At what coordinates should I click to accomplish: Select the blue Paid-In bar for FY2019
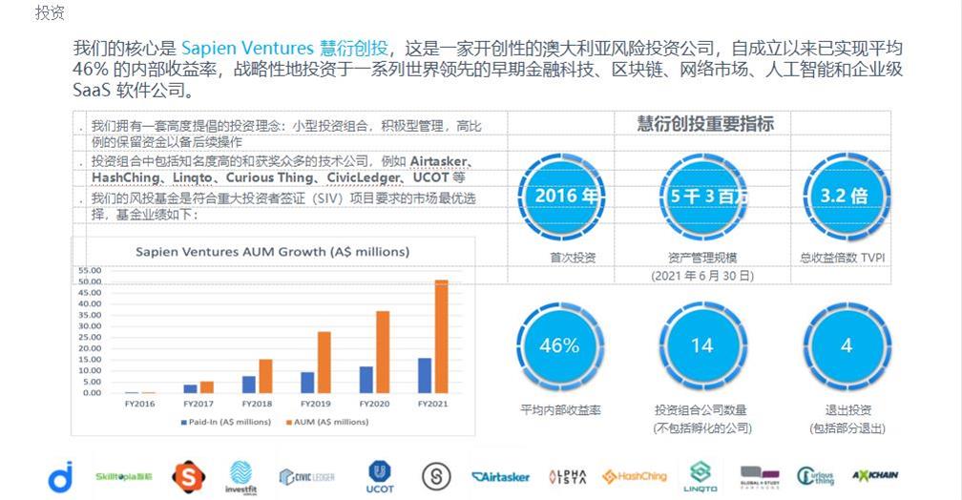tap(307, 383)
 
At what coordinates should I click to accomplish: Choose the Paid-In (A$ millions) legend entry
tap(224, 421)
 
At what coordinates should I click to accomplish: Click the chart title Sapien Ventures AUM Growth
tap(272, 252)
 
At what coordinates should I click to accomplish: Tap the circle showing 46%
tap(559, 346)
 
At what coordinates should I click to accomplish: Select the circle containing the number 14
tap(701, 346)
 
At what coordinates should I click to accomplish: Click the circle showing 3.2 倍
tap(845, 196)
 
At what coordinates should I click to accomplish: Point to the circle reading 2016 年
tap(567, 196)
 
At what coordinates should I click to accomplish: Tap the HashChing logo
tap(635, 476)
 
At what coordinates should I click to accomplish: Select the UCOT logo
tap(379, 475)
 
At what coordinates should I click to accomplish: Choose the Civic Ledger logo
tap(306, 476)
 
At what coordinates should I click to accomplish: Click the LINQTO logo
tap(701, 476)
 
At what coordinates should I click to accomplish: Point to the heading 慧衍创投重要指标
tap(705, 124)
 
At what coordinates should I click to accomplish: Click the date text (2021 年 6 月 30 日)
tap(701, 276)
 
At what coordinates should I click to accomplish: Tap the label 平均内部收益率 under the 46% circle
tap(560, 410)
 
